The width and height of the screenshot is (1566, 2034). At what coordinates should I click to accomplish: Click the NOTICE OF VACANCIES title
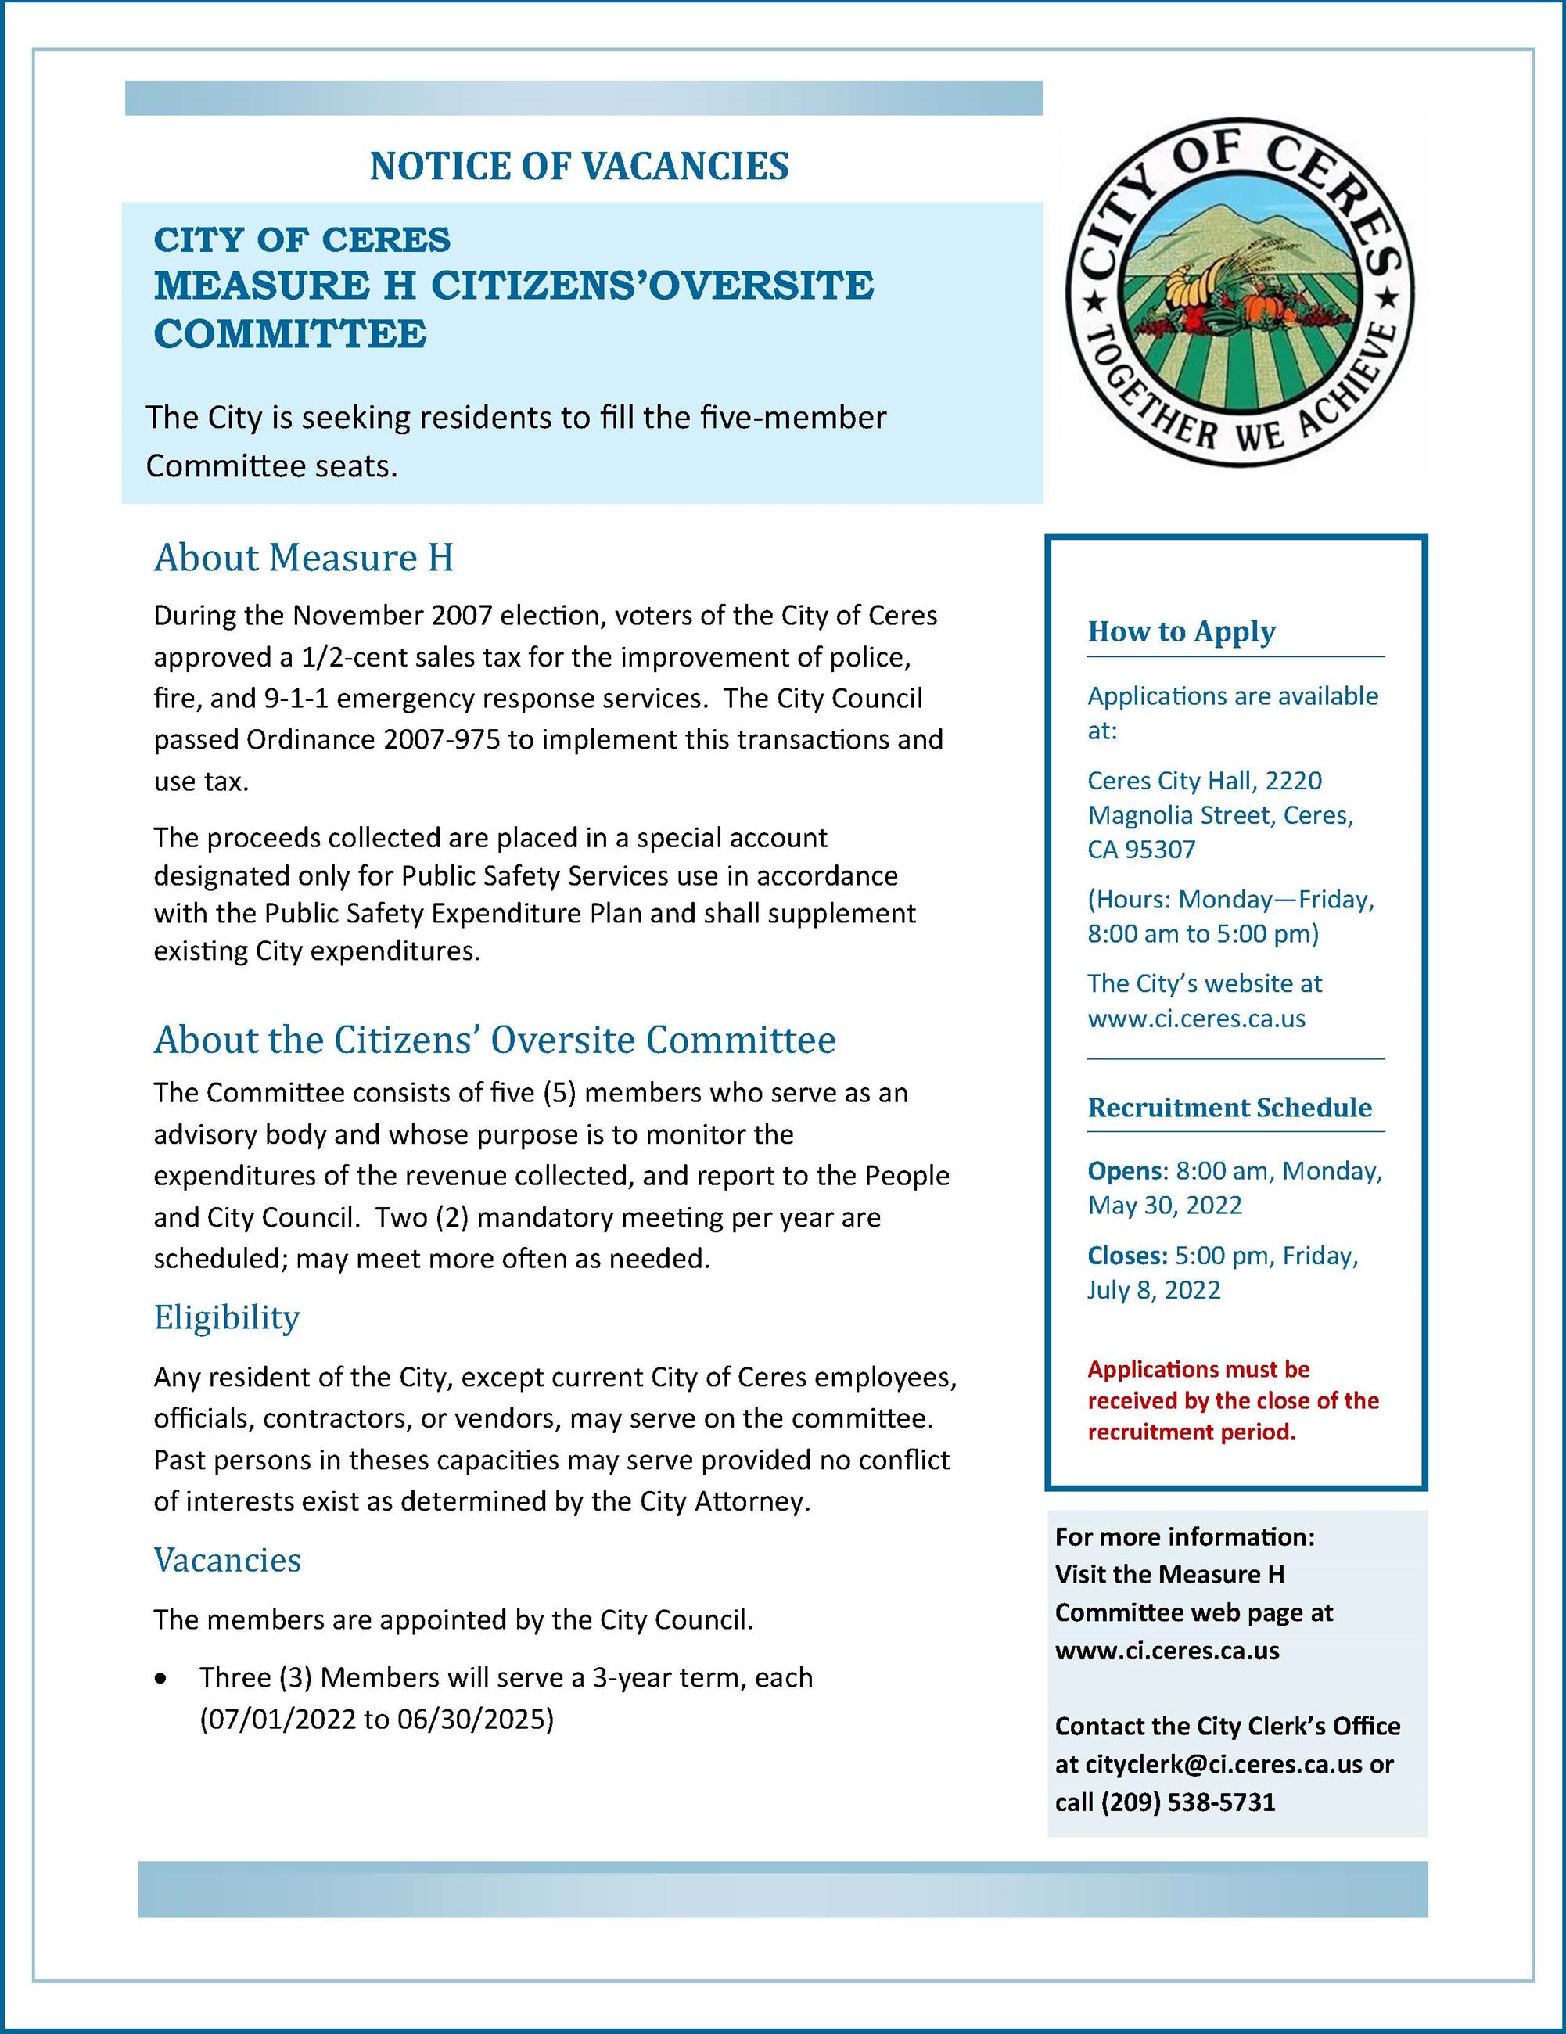(x=579, y=167)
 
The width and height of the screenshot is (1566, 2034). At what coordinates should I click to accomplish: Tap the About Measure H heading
(x=304, y=558)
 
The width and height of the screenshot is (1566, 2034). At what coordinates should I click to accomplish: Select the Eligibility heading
(x=226, y=1317)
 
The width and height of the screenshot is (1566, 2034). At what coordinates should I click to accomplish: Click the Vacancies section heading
(x=227, y=1559)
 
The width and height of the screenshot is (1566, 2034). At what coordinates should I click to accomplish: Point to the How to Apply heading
(x=1180, y=631)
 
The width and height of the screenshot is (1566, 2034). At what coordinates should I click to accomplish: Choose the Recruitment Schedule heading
(x=1229, y=1107)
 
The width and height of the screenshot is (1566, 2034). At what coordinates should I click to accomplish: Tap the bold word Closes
(x=1126, y=1256)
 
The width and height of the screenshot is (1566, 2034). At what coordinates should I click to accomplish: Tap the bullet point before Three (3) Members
(x=162, y=1678)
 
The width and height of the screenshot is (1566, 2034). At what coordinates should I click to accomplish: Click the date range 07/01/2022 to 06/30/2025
(x=376, y=1720)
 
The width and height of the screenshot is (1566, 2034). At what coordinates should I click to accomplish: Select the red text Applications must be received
(x=1232, y=1400)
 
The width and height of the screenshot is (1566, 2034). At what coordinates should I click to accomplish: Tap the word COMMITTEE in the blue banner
(x=289, y=334)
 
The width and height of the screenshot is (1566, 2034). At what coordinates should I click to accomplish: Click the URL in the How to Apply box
(x=1195, y=1018)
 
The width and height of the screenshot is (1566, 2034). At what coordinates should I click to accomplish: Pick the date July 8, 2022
(x=1154, y=1290)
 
